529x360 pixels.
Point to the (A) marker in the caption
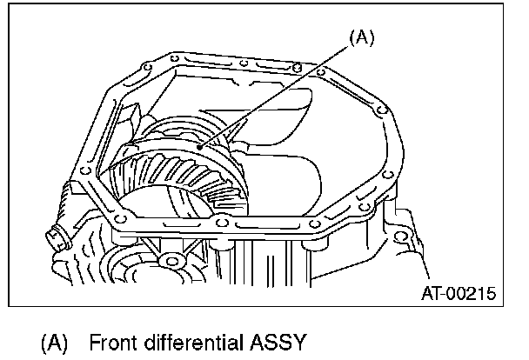[x=54, y=341]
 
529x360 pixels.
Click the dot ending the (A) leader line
[x=200, y=149]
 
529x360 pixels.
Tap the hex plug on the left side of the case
[x=57, y=234]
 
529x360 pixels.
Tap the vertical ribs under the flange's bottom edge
[x=261, y=261]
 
